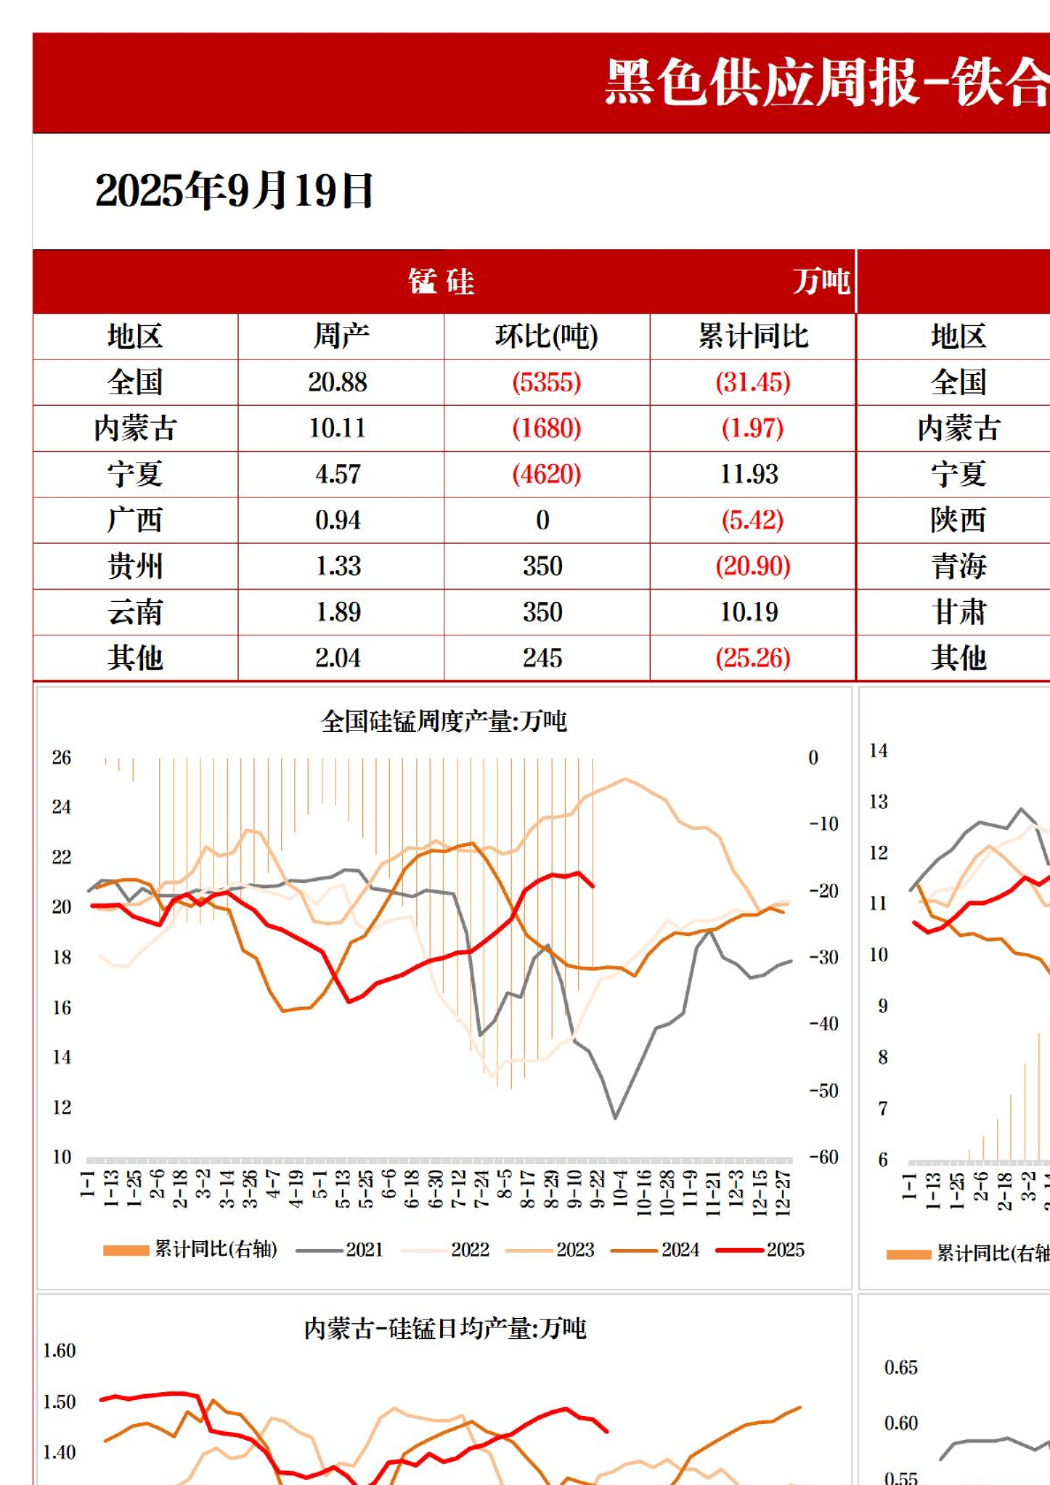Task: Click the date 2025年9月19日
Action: pyautogui.click(x=234, y=191)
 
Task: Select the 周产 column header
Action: pyautogui.click(x=340, y=336)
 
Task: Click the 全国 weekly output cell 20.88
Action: pyautogui.click(x=338, y=382)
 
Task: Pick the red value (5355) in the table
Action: pyautogui.click(x=546, y=382)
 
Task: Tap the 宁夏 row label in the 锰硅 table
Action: pyautogui.click(x=135, y=474)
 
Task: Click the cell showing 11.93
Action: pyautogui.click(x=749, y=474)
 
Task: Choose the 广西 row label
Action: pyautogui.click(x=135, y=520)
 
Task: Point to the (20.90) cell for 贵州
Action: pyautogui.click(x=752, y=566)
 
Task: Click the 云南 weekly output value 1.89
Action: pyautogui.click(x=339, y=612)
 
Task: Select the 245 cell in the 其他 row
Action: pyautogui.click(x=543, y=658)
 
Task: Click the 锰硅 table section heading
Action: pyautogui.click(x=442, y=282)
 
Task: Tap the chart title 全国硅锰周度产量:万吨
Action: pyautogui.click(x=444, y=721)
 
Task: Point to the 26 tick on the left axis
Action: pyautogui.click(x=61, y=758)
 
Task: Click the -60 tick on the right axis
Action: pyautogui.click(x=824, y=1156)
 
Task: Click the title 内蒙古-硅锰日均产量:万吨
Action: pyautogui.click(x=445, y=1329)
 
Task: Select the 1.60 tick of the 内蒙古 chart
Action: pyautogui.click(x=59, y=1351)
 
